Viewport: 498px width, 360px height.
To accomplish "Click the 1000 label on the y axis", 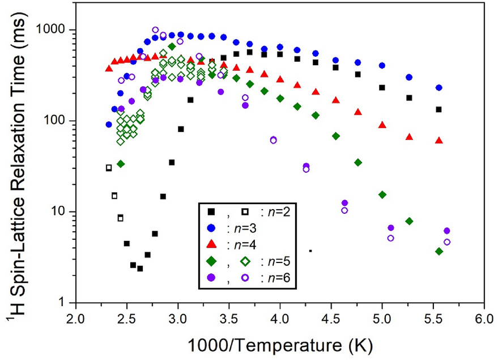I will point(56,30).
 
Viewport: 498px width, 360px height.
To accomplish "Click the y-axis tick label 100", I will point(59,121).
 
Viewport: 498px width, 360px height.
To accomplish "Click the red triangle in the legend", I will point(211,245).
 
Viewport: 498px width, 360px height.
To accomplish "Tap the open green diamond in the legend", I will point(246,262).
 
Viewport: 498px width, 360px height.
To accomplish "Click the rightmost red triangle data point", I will point(439,140).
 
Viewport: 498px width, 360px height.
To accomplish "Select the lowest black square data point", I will point(140,269).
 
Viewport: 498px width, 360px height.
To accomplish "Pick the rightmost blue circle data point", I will point(439,88).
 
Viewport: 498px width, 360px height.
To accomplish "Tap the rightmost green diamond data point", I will point(439,251).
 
